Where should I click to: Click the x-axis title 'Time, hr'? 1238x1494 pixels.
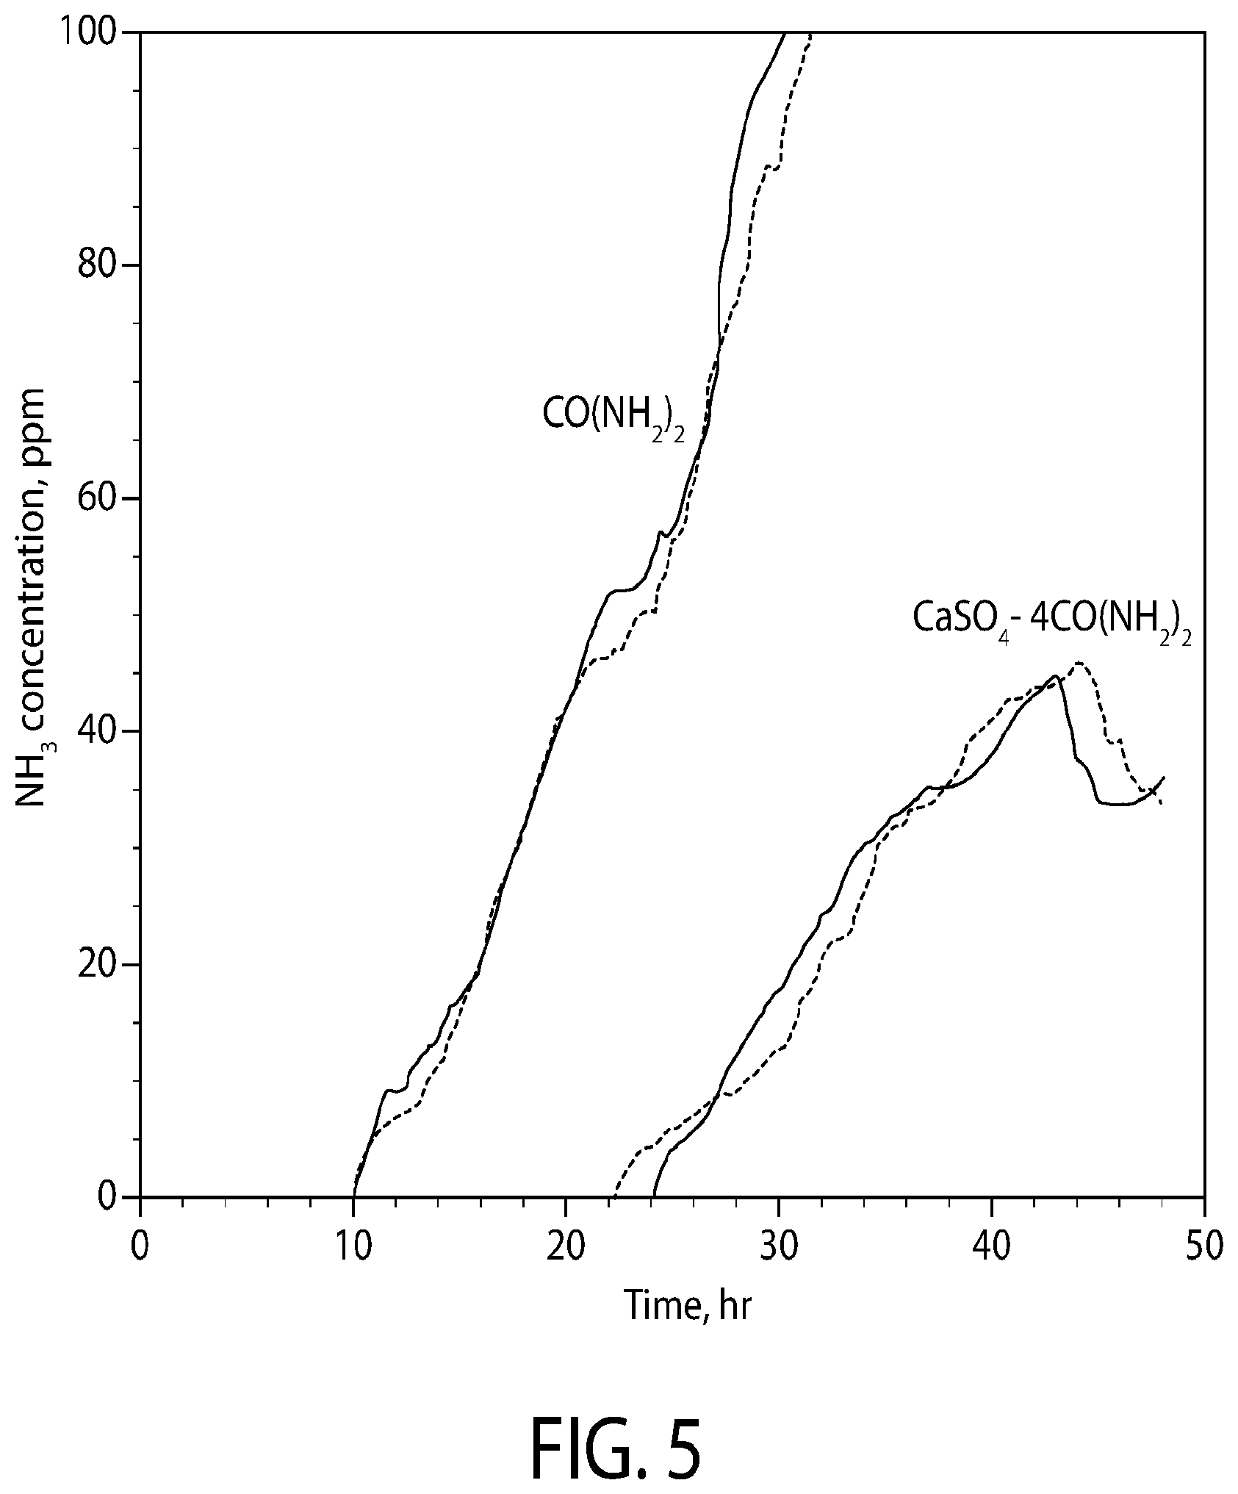coord(688,1306)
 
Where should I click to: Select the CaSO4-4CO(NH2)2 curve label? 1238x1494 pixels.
coord(1051,619)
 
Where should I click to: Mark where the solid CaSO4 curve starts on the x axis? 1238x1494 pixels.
coord(653,1196)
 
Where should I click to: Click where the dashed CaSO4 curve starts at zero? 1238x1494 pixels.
coord(614,1196)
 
